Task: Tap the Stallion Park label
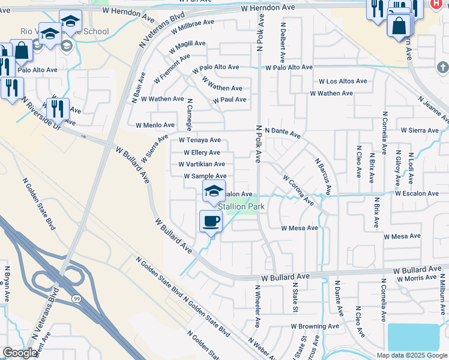pos(241,206)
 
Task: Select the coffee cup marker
pos(211,221)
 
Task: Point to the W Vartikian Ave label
pos(202,164)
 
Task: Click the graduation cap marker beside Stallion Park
pos(214,191)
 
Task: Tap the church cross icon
pos(443,67)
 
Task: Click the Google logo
pos(20,353)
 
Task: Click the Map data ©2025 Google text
pos(412,355)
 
